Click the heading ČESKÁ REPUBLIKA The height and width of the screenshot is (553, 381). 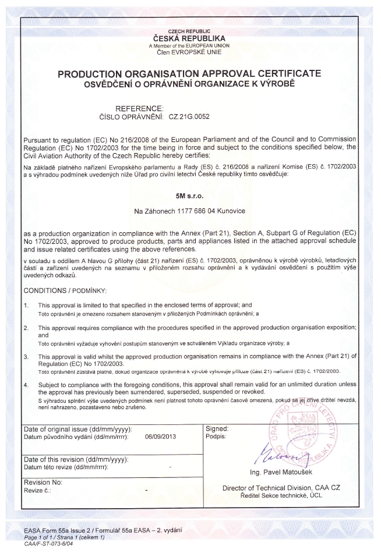[189, 38]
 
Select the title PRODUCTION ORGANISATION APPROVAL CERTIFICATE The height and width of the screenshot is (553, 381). [189, 74]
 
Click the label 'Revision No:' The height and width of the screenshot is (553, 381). [43, 483]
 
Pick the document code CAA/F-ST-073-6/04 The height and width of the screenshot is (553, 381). [50, 543]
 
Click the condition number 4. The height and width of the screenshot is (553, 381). [26, 385]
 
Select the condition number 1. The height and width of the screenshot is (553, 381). [26, 305]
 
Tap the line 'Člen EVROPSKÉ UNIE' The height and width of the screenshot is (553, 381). [189, 52]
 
